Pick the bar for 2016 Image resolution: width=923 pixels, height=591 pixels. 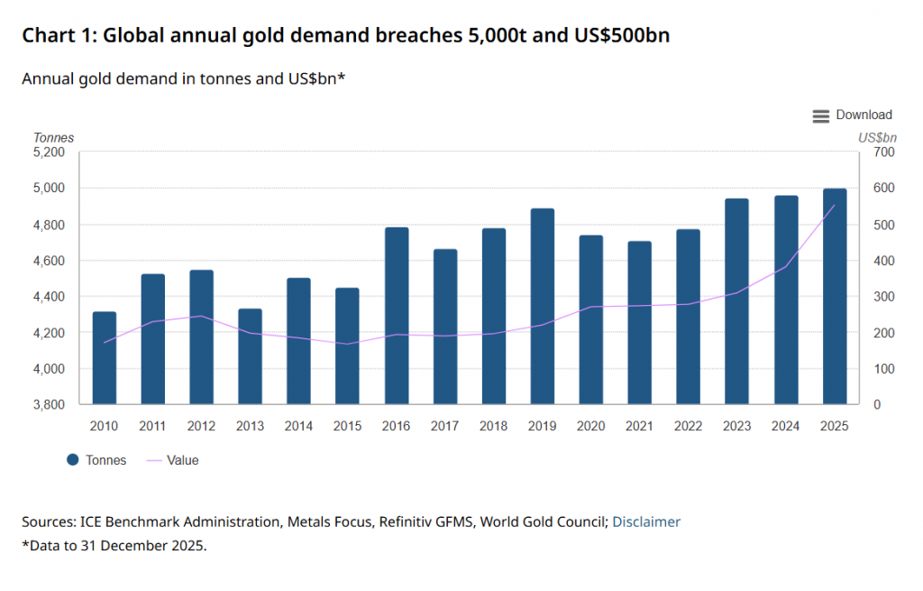click(397, 316)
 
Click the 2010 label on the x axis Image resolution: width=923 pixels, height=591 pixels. click(104, 425)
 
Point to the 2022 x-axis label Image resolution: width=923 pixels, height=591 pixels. click(689, 425)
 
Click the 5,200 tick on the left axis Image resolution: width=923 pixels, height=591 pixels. click(49, 152)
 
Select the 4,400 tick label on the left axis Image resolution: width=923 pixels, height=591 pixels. click(49, 297)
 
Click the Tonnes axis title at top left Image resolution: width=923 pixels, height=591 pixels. click(53, 138)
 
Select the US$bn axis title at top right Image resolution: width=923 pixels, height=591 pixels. click(877, 138)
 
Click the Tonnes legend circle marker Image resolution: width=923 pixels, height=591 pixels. click(73, 460)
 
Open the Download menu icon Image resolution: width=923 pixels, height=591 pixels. click(820, 115)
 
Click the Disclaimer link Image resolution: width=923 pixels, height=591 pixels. click(646, 522)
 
